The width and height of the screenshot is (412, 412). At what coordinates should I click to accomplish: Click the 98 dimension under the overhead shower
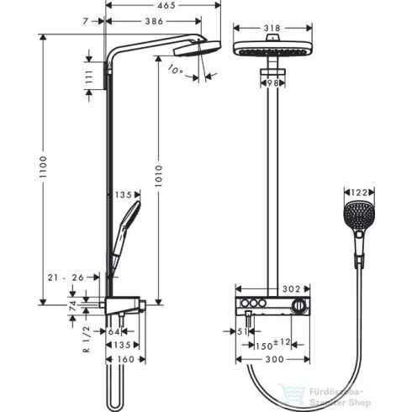pos(270,82)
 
